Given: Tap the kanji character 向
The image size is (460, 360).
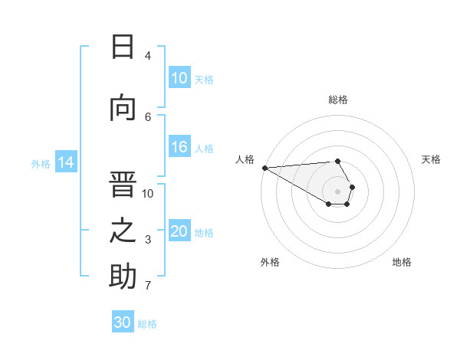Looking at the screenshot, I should coord(123,108).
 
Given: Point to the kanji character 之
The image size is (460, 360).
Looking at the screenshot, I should coord(123,231).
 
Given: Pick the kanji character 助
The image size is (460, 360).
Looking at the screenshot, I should coord(123,277).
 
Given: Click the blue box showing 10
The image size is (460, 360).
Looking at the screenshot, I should coord(179,78).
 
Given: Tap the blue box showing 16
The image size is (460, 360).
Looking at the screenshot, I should coord(179,148).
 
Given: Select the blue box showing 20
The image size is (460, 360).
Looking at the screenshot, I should coord(179,232).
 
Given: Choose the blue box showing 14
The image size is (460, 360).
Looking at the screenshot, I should coord(66,162).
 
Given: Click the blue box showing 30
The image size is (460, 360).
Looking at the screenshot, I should coord(123,322).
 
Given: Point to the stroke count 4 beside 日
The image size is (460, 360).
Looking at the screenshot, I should coord(148,56).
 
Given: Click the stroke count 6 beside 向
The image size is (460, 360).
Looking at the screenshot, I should coord(148,116).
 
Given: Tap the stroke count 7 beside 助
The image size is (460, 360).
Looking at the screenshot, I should coord(148,286).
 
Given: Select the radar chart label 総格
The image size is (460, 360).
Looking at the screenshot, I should coord(338,100).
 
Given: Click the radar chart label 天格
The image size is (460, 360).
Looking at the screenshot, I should coord(432,159).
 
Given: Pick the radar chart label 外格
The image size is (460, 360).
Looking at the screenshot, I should coord(270,262).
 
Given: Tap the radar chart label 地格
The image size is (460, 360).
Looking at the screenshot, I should coord(402,262).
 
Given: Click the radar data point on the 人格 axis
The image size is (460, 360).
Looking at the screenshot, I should coord(264,168).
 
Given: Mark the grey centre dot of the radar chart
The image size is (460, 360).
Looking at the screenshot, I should coord(338,191).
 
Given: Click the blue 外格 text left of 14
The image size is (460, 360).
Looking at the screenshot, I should coord(41,163).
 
